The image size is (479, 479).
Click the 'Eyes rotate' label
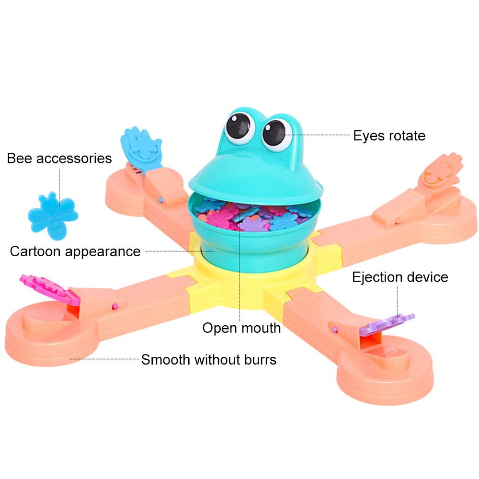[x=389, y=136]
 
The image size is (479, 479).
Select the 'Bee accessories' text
[x=59, y=158]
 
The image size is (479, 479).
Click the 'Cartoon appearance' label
[x=75, y=251]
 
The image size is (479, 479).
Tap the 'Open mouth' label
[x=241, y=328]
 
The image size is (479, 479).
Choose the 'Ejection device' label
[x=400, y=277]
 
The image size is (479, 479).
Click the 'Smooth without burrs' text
[x=208, y=359]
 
